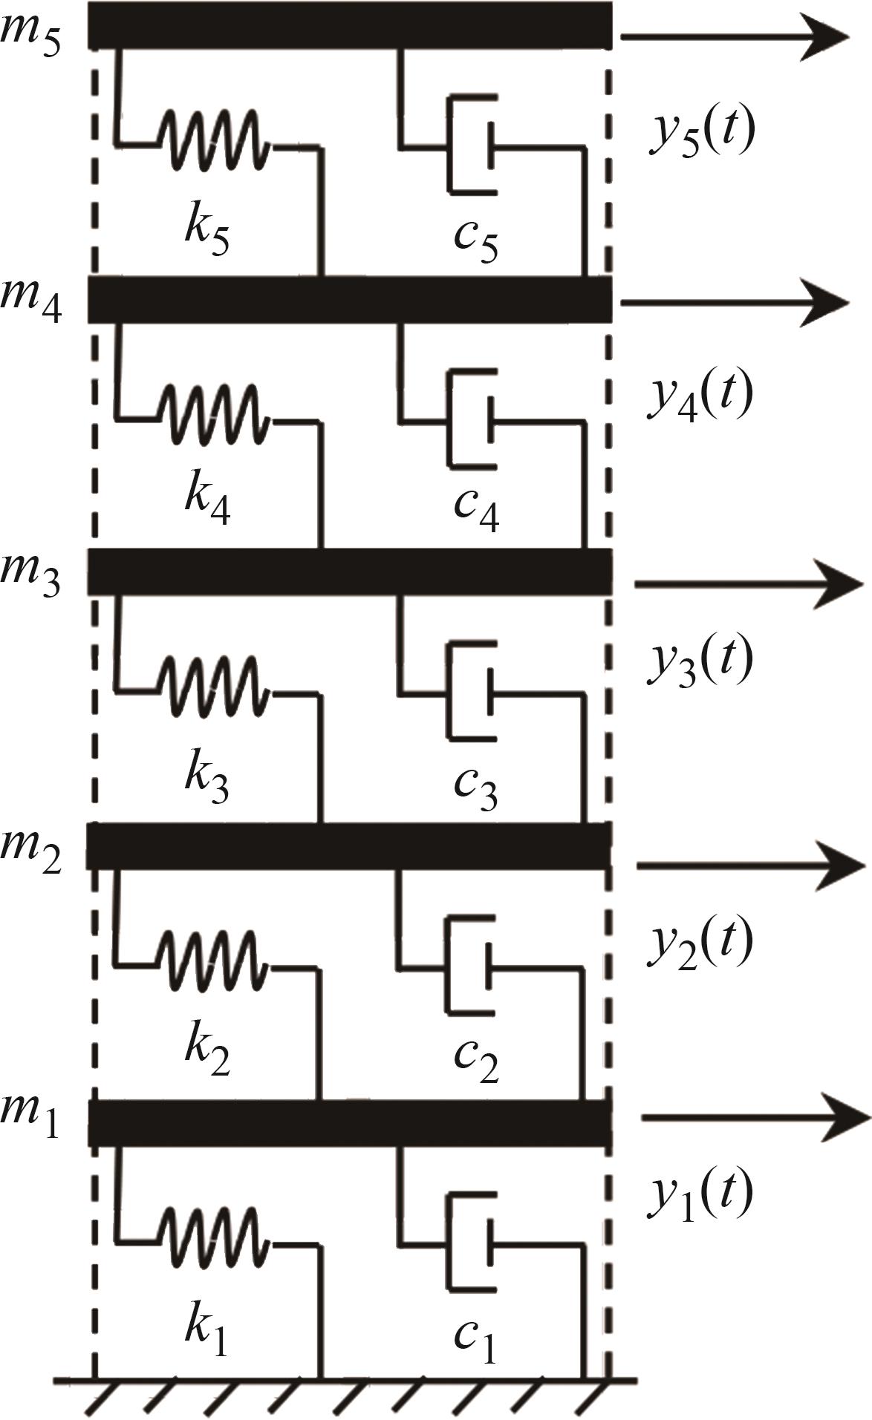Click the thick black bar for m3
point(350,572)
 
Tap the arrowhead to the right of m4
point(824,302)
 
